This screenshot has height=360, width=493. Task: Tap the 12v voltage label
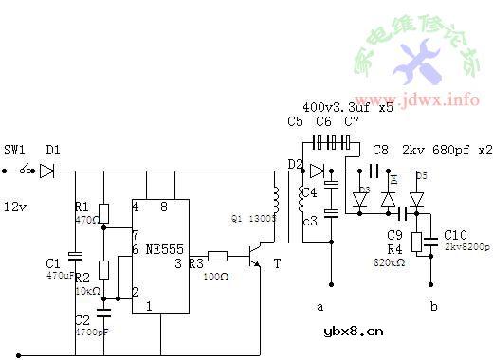[x=15, y=205]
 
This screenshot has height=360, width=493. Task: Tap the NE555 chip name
[x=167, y=249]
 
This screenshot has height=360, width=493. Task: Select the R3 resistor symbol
[x=217, y=255]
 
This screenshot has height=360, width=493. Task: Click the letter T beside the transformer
[x=277, y=264]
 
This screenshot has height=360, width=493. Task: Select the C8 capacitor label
[x=380, y=150]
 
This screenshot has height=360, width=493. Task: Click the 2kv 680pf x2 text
[x=445, y=150]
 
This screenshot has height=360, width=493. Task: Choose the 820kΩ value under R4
[x=391, y=261]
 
